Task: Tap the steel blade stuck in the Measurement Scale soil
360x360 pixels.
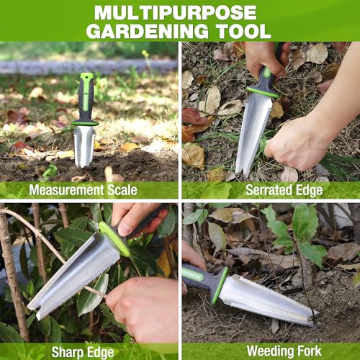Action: pyautogui.click(x=84, y=144)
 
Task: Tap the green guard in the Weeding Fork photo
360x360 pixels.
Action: pyautogui.click(x=219, y=285)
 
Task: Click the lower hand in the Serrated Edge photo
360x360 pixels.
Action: pyautogui.click(x=299, y=143)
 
